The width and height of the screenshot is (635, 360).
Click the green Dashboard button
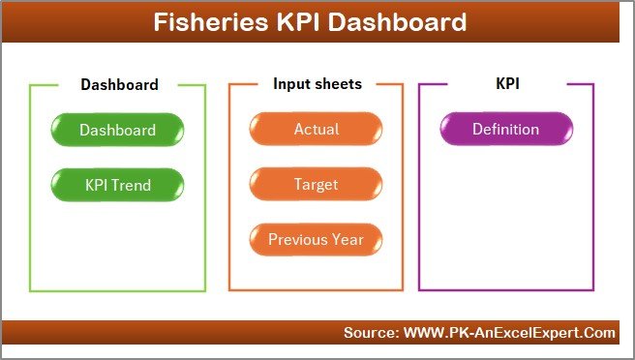click(117, 130)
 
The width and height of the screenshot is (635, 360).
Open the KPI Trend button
click(117, 184)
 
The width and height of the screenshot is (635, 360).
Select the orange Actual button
click(317, 130)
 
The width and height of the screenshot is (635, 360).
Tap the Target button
click(317, 184)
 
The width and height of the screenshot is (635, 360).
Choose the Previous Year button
click(317, 239)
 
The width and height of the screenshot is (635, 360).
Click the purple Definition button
click(505, 130)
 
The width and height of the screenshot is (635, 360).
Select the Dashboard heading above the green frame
click(119, 84)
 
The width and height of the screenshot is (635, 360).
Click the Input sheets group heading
click(317, 84)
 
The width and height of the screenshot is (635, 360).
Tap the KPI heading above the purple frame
click(507, 84)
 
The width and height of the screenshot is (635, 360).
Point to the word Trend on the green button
click(133, 184)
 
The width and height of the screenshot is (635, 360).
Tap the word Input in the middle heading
click(290, 84)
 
